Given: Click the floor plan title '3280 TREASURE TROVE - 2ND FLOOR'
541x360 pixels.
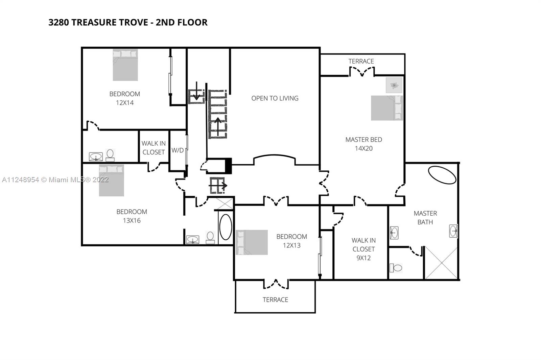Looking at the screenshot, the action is tap(128, 22).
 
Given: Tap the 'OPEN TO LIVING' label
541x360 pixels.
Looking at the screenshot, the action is tap(275, 98).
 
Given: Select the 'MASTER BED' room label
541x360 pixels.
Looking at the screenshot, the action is tap(364, 140).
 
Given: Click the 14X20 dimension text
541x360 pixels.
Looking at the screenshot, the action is tap(364, 148).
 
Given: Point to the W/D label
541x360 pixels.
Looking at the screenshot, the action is tap(178, 150).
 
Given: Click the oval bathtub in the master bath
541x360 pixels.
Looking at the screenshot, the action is tap(442, 175).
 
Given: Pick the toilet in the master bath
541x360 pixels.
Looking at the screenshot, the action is tap(396, 268).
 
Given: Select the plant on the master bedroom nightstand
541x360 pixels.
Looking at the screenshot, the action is tap(394, 85).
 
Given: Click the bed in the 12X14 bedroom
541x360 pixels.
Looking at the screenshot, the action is tap(125, 65).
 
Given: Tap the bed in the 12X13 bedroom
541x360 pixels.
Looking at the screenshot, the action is tap(252, 242).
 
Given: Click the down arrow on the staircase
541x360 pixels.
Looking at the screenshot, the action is tap(196, 91).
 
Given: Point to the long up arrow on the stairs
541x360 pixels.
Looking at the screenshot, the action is tap(218, 127).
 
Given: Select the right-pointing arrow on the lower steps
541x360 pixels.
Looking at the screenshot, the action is tap(218, 186).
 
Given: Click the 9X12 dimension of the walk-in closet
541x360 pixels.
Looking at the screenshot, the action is tap(363, 258).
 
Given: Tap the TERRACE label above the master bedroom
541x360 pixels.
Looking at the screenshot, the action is tap(361, 61).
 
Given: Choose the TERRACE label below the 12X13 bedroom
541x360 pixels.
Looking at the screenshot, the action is tap(275, 299).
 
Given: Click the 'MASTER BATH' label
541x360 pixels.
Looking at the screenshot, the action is tap(425, 218).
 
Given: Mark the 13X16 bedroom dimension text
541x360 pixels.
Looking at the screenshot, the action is tap(132, 220).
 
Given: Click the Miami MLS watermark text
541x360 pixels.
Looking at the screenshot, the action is tap(55, 179).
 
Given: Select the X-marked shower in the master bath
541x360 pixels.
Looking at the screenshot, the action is tap(441, 263).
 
